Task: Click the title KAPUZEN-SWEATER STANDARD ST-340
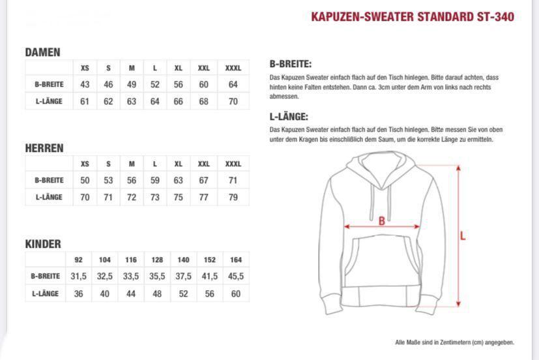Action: point(413,17)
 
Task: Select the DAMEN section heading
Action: point(42,52)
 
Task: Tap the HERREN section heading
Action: point(44,148)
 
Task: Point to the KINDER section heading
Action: point(43,244)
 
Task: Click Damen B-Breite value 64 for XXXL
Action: point(233,85)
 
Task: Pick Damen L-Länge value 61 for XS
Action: point(85,102)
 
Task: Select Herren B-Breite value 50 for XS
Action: point(85,181)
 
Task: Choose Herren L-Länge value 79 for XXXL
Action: point(233,198)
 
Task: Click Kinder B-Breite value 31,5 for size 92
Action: point(79,277)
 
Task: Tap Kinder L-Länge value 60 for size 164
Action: point(236,293)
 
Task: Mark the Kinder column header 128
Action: point(157,260)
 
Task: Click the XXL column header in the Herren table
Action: point(204,164)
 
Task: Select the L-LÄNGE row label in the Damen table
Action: point(49,102)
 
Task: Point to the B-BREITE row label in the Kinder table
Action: point(46,277)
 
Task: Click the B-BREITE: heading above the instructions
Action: point(290,64)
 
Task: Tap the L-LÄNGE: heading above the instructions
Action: point(288,117)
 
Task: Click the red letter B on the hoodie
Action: point(382,221)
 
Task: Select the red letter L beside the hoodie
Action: point(463,236)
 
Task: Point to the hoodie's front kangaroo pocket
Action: point(381,261)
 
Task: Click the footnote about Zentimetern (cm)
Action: point(454,342)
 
